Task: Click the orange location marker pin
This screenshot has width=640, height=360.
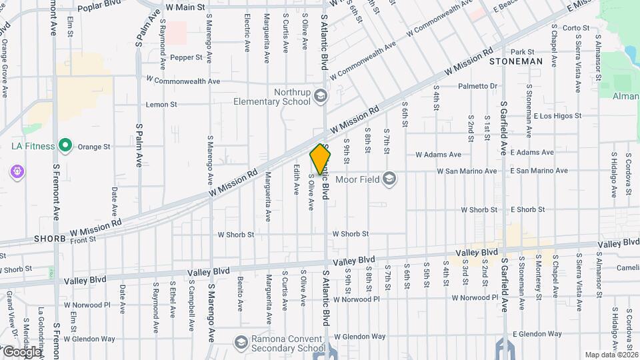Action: (321, 159)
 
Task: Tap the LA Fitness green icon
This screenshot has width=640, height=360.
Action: (65, 145)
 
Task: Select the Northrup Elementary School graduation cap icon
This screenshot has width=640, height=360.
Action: (321, 97)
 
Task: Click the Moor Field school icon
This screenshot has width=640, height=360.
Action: (390, 177)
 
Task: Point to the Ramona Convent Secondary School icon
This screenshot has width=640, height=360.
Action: (240, 343)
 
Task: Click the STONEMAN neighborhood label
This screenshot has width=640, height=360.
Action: (515, 61)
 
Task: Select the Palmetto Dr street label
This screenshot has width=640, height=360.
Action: (479, 86)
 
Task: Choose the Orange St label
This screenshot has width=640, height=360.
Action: (93, 147)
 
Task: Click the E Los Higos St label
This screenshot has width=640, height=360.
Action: (558, 115)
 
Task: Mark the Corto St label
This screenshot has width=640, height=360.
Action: (577, 28)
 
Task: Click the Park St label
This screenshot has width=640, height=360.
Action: (523, 51)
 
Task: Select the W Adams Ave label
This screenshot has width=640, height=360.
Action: (438, 154)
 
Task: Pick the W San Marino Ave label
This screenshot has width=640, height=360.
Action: (467, 171)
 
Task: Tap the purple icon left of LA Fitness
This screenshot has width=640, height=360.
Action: (17, 171)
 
